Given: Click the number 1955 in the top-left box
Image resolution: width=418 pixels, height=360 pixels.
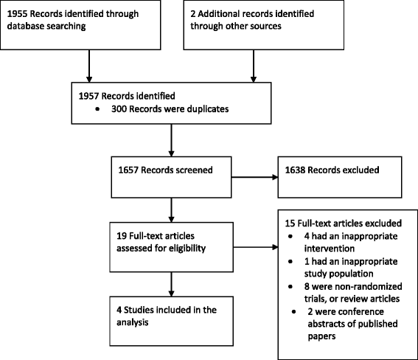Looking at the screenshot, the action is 17,13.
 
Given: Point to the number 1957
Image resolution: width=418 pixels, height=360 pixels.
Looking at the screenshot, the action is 88,96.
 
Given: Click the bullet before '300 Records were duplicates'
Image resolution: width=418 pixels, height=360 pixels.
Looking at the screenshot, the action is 97,109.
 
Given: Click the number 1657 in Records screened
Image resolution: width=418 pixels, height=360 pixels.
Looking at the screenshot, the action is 128,170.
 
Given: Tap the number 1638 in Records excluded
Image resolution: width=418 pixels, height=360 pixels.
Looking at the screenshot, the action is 295,170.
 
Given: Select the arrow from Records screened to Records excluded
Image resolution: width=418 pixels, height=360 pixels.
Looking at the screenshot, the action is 254,177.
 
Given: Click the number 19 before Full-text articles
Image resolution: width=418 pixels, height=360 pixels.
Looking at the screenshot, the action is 122,236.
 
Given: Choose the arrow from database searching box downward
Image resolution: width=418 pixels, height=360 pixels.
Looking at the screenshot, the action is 89,66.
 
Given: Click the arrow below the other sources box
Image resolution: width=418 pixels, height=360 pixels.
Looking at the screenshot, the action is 254,66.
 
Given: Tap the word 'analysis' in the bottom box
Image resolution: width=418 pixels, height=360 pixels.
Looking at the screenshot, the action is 133,322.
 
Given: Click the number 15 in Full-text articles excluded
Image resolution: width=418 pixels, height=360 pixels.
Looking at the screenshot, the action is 290,224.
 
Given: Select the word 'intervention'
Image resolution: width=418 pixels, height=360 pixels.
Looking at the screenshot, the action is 330,249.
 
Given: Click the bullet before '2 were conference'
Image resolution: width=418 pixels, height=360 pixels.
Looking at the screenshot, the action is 293,312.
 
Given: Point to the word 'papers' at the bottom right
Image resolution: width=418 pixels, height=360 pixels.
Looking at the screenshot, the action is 321,336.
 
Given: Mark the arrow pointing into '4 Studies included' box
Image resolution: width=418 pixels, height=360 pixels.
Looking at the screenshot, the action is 172,284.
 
